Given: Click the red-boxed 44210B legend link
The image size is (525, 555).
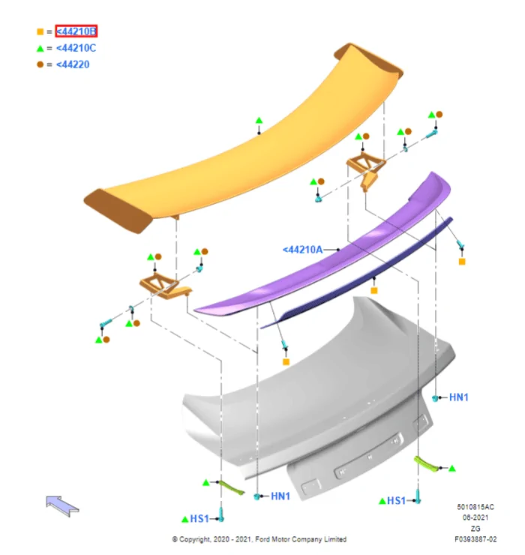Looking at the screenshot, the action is [x=76, y=31].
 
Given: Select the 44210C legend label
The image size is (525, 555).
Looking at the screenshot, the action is [x=76, y=48].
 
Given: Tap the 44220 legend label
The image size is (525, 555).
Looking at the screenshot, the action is [x=73, y=64].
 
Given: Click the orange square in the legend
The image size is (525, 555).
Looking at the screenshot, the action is [x=40, y=31].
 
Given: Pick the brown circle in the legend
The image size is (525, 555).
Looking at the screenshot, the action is [x=40, y=64].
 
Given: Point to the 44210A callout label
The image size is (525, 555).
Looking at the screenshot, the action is [x=303, y=250].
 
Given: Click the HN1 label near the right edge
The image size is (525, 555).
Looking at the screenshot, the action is [x=458, y=397].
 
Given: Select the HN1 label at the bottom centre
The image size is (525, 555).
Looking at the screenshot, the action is [x=280, y=496].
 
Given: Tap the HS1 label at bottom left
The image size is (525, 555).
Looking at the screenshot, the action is [x=199, y=519].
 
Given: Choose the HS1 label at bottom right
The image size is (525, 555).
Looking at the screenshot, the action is [x=396, y=500].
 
